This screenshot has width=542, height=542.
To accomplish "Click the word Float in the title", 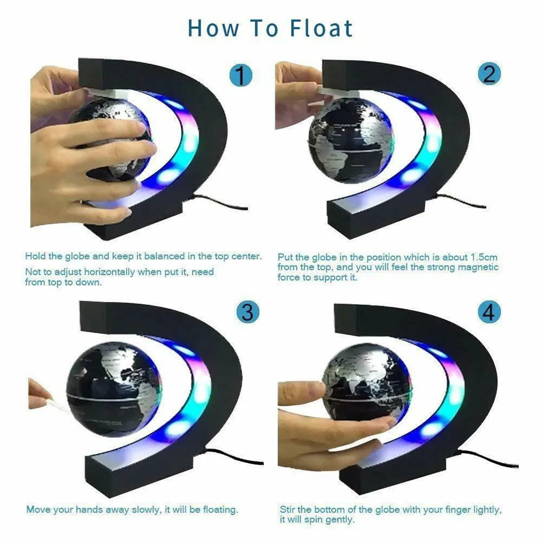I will [321, 28].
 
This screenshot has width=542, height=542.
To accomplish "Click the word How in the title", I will [213, 28].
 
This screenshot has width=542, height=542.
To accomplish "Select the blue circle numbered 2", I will [489, 73].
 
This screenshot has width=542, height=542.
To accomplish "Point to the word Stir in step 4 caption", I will [288, 509].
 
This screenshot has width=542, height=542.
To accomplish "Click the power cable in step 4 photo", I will [488, 462].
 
